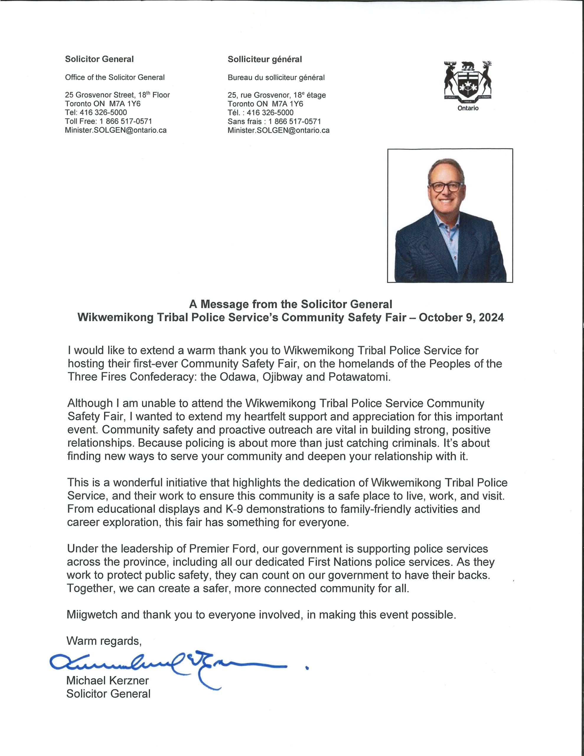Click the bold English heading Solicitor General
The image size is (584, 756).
99,59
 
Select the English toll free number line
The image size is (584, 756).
108,121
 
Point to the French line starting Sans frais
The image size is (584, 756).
274,121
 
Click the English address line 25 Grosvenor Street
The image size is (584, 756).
117,95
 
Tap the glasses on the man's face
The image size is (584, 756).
446,187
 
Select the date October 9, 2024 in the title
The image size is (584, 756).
461,318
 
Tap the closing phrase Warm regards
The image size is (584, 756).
104,641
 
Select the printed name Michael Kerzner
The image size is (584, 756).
107,680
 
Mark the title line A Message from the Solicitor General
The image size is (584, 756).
291,304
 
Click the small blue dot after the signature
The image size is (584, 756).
307,669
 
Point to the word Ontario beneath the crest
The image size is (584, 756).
468,108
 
